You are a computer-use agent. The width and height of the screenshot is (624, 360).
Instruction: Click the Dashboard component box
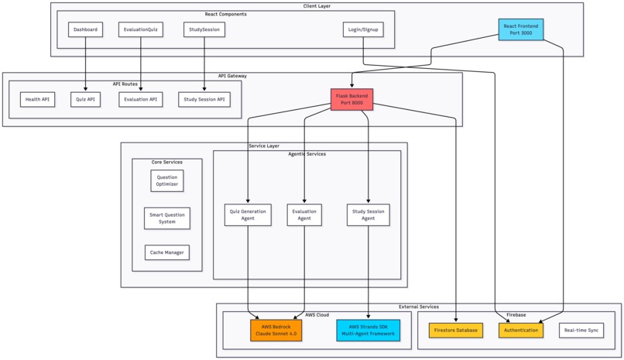85,29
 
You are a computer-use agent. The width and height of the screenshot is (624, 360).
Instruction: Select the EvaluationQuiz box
141,29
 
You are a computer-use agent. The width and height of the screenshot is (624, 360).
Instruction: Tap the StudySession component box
204,29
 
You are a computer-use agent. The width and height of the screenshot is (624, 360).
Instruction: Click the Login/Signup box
363,29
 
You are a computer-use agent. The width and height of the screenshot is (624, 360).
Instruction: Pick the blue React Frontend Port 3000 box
520,29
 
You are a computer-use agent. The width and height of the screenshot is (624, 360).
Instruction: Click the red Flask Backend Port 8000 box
351,99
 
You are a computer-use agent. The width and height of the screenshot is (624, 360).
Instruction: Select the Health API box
38,99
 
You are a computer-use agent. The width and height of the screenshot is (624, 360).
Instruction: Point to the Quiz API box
85,99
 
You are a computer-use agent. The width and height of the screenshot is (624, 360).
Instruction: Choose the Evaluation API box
141,99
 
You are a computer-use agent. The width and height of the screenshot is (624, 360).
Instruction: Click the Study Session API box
204,99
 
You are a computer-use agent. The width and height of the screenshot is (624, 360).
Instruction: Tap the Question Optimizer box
167,180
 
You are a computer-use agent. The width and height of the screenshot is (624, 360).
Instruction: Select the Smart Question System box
167,218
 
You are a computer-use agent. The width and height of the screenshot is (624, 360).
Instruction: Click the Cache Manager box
167,252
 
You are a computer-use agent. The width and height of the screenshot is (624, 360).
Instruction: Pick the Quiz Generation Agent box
248,214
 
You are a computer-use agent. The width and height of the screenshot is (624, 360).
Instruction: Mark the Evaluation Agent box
304,214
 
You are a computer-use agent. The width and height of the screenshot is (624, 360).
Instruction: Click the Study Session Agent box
368,214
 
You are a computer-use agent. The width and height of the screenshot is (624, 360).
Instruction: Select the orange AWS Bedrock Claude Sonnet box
276,331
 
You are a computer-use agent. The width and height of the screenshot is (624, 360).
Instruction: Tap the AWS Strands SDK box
369,331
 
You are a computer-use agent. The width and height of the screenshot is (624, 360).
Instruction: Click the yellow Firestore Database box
456,331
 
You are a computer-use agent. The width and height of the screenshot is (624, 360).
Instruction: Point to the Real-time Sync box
581,331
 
